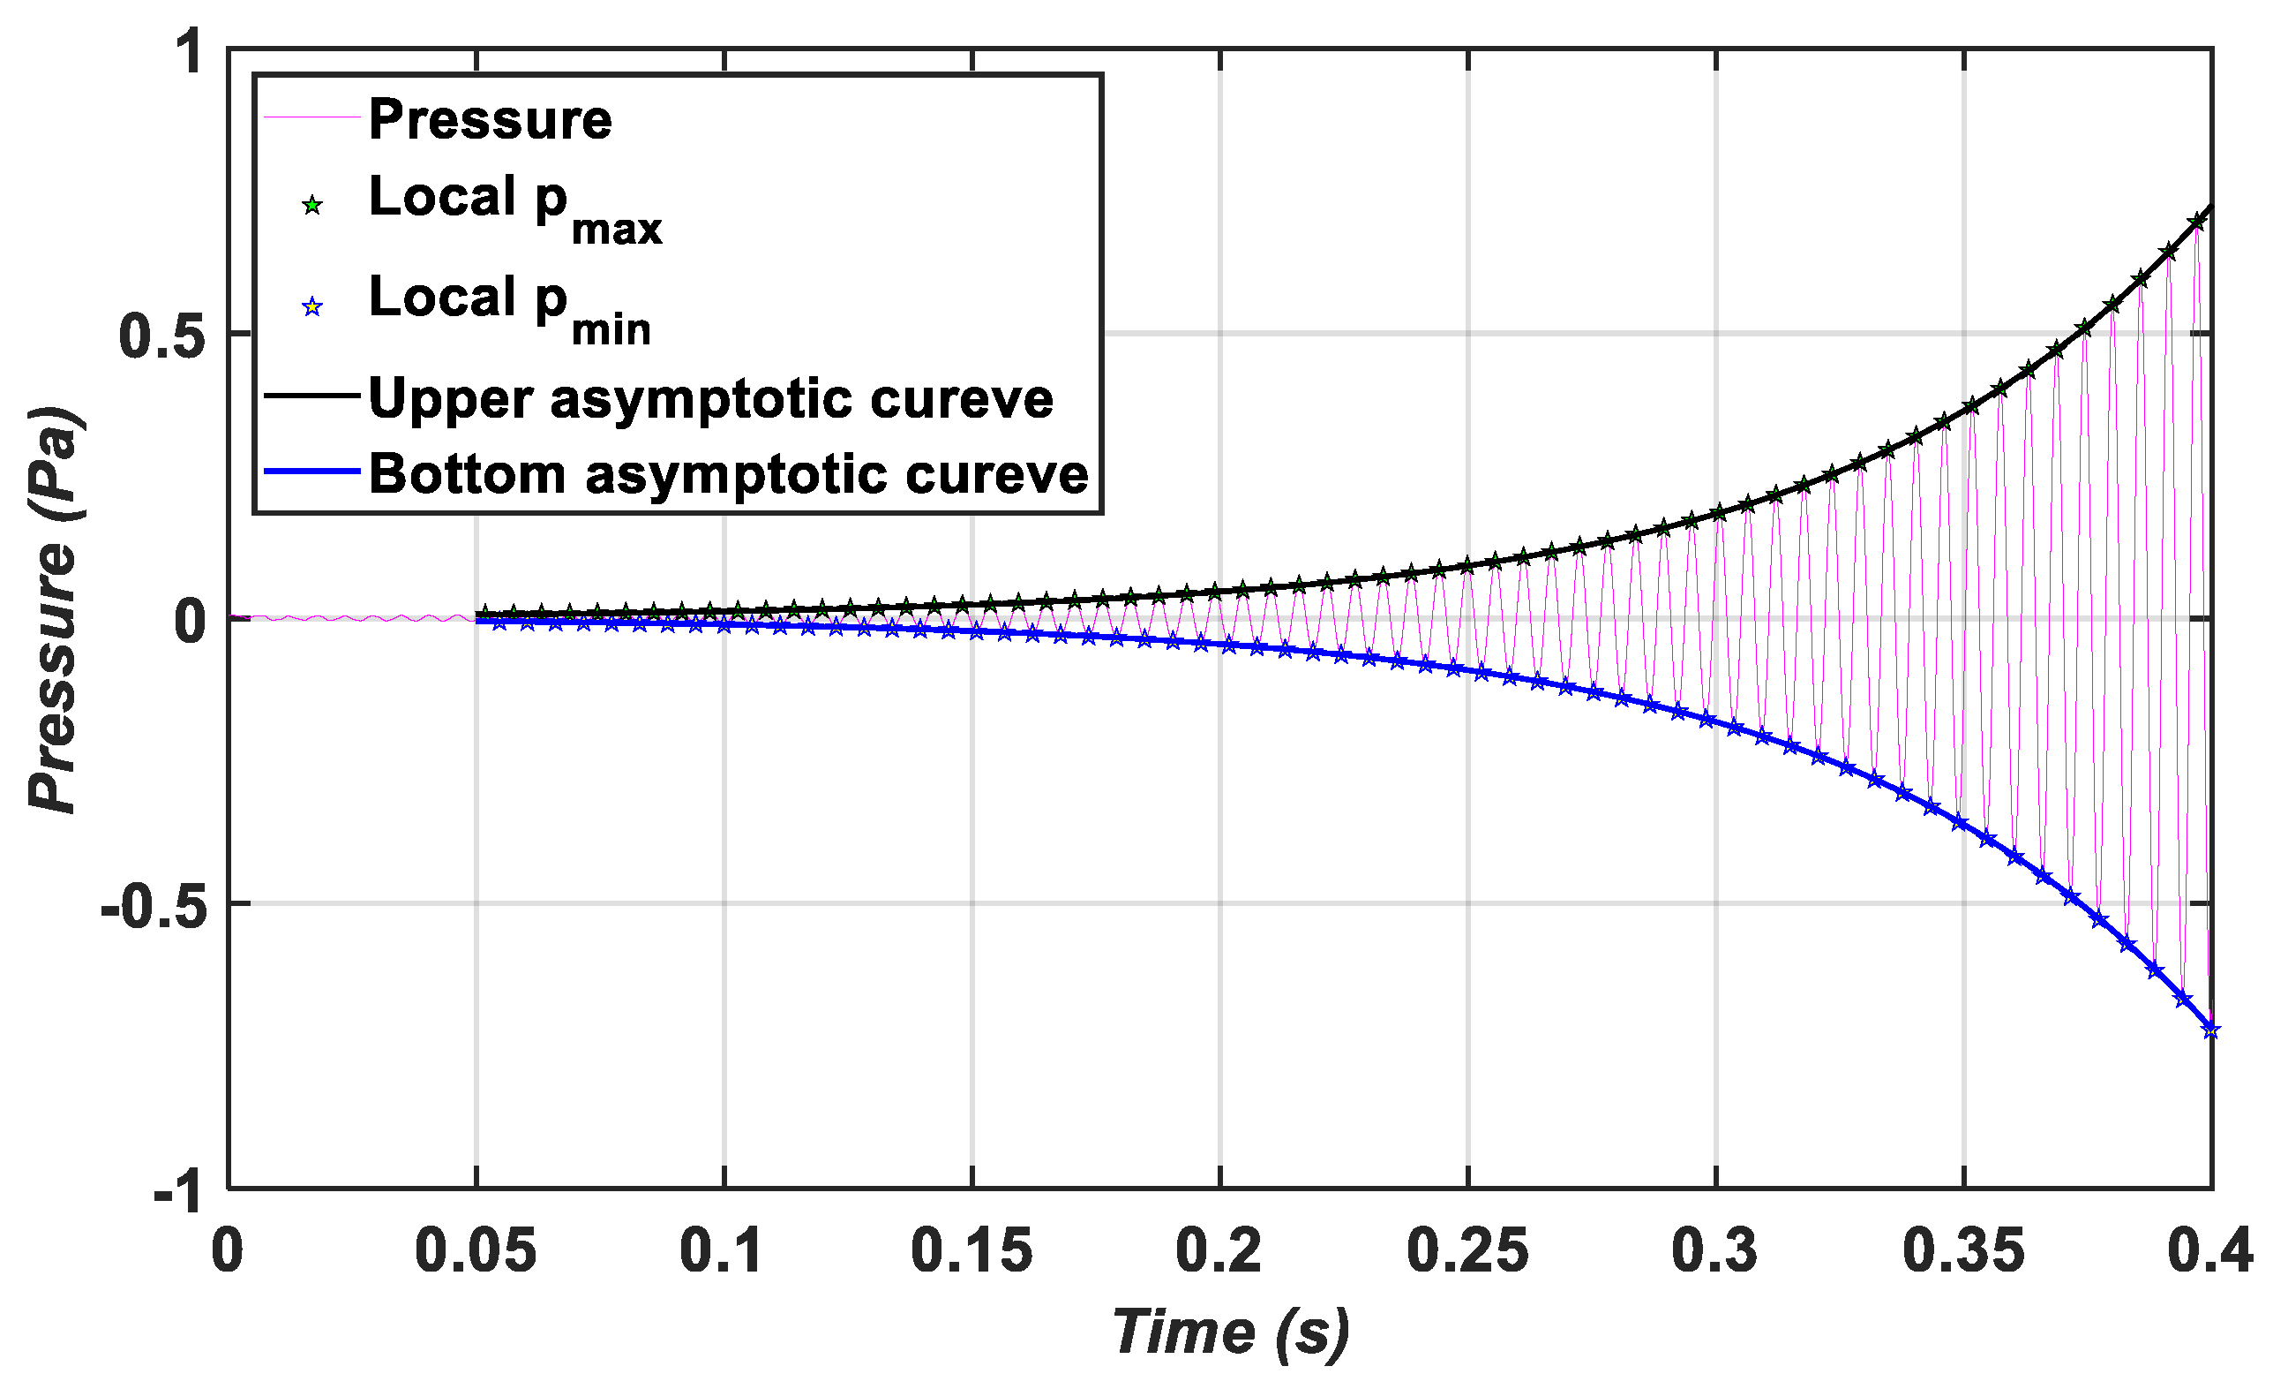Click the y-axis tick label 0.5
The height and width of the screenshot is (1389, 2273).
161,336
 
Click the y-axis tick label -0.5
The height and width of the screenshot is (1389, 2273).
152,907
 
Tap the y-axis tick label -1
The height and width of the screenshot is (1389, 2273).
179,1193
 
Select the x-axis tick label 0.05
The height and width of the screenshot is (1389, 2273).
476,1252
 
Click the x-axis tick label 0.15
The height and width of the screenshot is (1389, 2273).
972,1252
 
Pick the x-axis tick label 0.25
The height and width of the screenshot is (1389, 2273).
1467,1252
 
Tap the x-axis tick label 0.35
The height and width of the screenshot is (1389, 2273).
1964,1252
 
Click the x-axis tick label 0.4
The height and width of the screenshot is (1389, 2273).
2209,1252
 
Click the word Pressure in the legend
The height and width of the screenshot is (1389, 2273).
490,120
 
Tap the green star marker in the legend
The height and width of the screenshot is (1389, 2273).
312,206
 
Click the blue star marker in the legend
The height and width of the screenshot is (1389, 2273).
312,307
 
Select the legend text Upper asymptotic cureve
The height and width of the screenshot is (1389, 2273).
710,399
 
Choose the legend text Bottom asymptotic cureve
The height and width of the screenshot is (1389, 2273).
729,474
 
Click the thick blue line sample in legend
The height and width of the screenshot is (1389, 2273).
311,472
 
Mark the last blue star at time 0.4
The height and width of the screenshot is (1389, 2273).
2210,1030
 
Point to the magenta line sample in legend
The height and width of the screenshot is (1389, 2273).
311,118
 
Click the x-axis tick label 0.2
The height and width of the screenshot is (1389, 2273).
1219,1252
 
